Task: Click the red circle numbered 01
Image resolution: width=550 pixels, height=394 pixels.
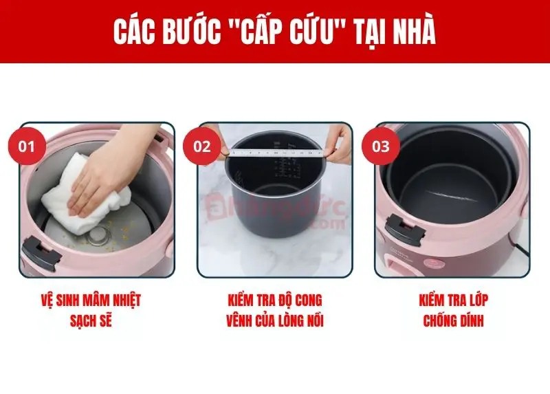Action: tap(27, 146)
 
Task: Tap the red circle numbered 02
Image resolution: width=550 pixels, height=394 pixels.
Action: tap(202, 146)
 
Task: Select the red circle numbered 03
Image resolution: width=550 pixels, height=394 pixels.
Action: tap(381, 146)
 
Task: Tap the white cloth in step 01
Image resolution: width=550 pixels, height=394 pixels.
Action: tap(86, 195)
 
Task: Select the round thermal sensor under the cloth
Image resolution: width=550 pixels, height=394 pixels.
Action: tap(98, 235)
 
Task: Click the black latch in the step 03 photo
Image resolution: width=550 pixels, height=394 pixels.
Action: tap(405, 230)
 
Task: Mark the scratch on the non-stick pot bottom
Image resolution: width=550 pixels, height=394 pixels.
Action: tap(452, 195)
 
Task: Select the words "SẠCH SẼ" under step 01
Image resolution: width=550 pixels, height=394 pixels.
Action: tap(91, 320)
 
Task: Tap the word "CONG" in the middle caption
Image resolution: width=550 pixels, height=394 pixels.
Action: tap(308, 300)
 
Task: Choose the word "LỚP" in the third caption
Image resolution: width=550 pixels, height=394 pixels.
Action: tap(476, 300)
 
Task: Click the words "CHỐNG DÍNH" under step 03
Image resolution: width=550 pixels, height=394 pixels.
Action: tap(453, 320)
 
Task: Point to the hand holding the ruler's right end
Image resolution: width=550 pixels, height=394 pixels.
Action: tap(338, 144)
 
